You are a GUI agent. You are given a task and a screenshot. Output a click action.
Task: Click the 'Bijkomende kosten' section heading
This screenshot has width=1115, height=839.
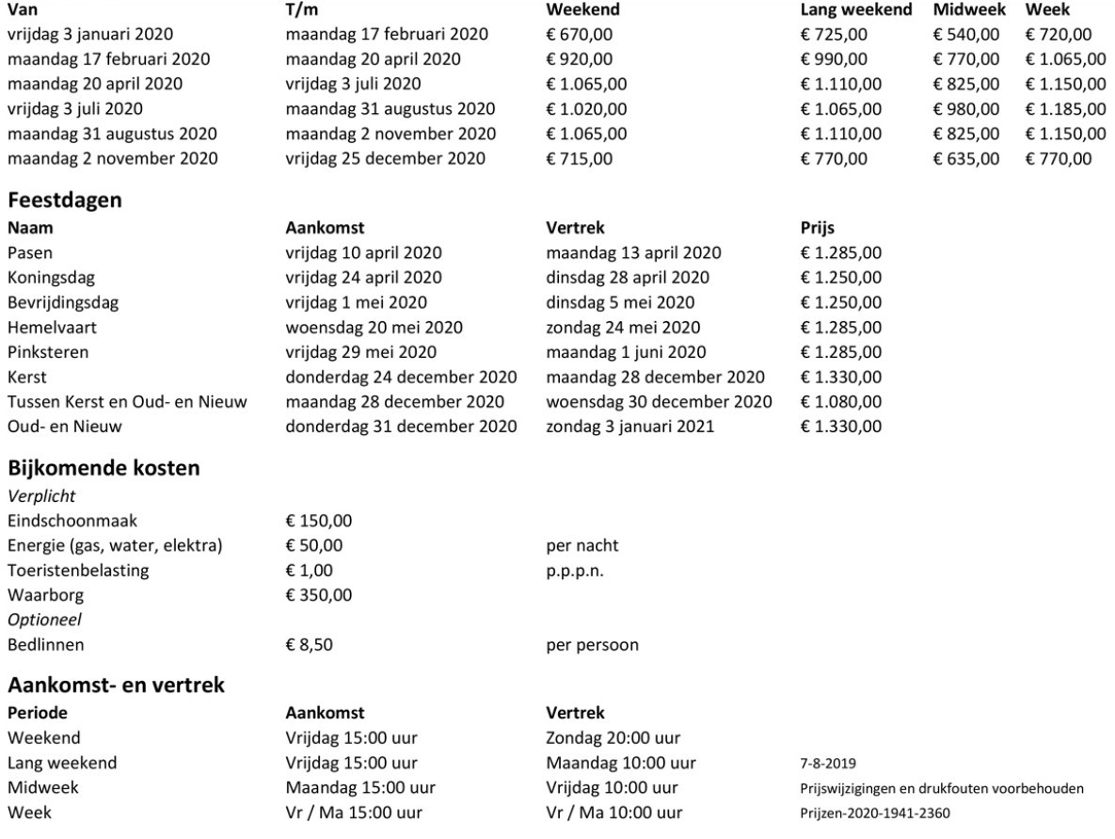click(x=104, y=467)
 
